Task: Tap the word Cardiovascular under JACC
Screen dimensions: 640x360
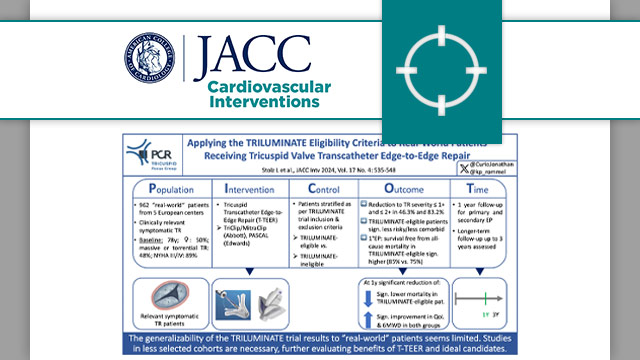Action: [x=264, y=87]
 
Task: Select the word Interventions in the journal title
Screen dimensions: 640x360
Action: [x=265, y=102]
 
